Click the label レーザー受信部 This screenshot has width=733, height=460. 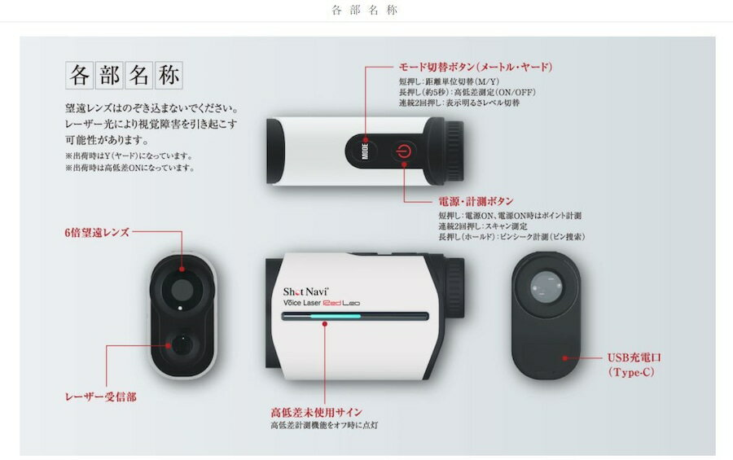[101, 396]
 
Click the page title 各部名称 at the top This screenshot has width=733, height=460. [366, 11]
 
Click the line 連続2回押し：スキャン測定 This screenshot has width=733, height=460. [483, 226]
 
